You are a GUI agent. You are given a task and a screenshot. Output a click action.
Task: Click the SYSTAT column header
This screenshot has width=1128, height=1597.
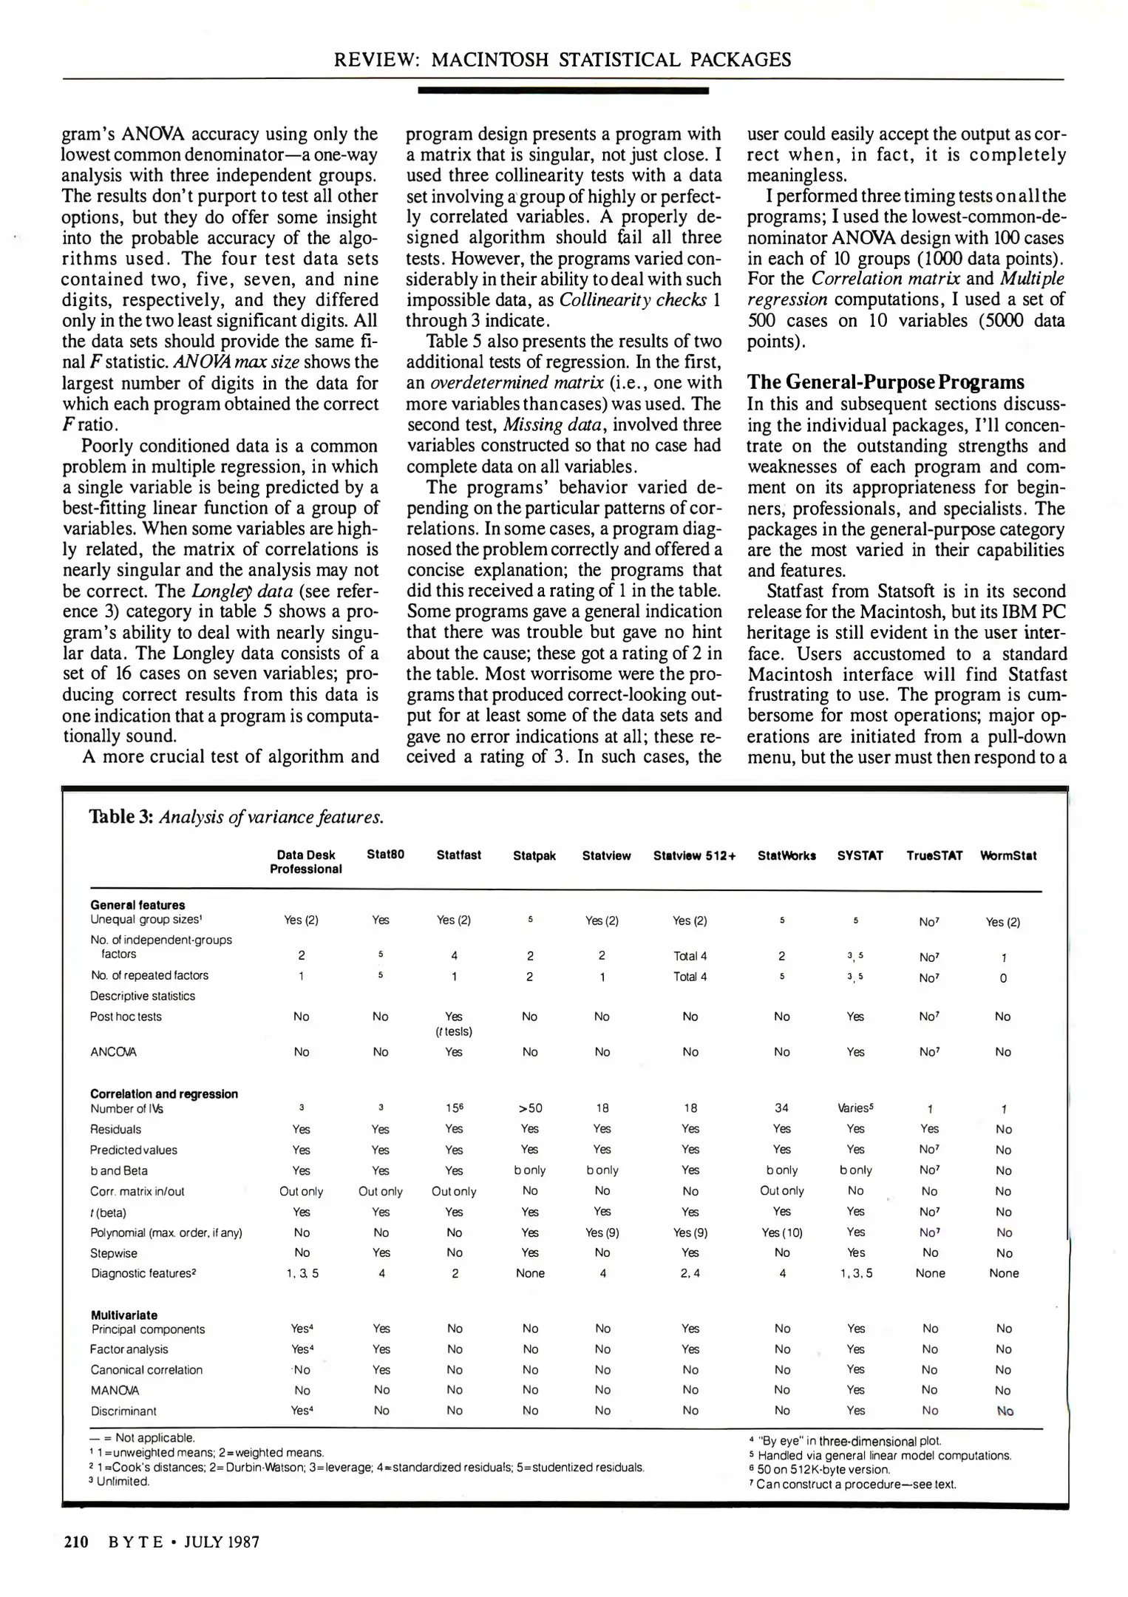coord(860,855)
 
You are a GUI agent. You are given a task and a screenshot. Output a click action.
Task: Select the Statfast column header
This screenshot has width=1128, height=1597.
coord(458,855)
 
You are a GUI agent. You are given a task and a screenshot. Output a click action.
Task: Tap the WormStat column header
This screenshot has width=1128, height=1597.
coord(1008,855)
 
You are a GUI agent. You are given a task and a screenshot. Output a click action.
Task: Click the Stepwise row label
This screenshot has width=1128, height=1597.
coord(114,1253)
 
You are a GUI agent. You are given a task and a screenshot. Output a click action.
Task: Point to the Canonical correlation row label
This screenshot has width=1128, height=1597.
coord(146,1370)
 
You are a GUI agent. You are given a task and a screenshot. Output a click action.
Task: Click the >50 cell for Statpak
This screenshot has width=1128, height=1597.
coord(530,1108)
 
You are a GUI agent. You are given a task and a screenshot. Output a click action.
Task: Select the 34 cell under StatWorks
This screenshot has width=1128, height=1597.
coord(781,1108)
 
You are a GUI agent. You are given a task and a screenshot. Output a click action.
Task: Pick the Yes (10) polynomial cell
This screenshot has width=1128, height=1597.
coord(781,1232)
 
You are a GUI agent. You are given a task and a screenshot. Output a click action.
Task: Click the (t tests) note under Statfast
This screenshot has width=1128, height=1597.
coord(454,1031)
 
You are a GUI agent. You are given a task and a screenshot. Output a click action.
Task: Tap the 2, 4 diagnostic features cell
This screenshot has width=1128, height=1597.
coord(690,1273)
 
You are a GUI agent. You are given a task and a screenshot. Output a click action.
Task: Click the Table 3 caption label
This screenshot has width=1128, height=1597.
coord(121,817)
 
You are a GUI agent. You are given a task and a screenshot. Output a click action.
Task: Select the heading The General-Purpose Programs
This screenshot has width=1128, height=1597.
coord(886,382)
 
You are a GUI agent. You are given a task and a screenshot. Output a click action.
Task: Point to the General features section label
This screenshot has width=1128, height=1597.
coord(137,905)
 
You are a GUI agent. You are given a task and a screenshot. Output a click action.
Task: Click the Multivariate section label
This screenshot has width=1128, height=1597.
coord(123,1315)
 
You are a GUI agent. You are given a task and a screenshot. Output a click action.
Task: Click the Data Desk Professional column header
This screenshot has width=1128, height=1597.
coord(305,862)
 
